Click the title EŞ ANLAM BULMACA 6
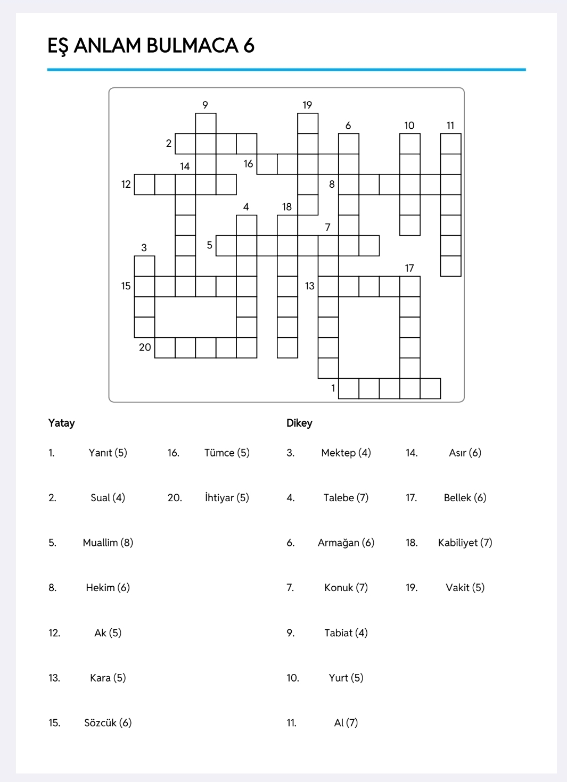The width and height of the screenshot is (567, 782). pos(151,46)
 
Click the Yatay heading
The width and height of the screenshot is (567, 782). pos(61,423)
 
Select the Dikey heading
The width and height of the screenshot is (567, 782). pos(299,423)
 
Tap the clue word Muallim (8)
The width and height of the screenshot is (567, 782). pos(108,543)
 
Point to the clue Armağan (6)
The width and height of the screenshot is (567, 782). pos(346,543)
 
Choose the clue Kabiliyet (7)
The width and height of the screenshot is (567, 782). pos(465,543)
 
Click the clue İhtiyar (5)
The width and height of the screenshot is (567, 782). pos(227,497)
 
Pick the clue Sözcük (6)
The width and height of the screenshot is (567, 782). pos(108,722)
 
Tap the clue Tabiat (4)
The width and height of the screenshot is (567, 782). pos(346,633)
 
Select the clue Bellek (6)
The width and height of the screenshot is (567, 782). pos(465,497)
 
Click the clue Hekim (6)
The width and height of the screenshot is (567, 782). pos(108,587)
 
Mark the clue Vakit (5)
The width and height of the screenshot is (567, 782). pos(465,587)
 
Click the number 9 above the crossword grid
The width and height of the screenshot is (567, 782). pos(205,105)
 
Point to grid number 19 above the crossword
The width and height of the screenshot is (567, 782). pos(307,105)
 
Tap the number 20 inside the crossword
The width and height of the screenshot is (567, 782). pos(145,347)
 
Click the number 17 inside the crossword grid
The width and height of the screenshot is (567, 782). pos(409,268)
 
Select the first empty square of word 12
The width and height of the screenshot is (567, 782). pos(144,185)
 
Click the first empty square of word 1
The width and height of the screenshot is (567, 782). pos(349,388)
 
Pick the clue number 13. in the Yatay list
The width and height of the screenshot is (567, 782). pos(54,678)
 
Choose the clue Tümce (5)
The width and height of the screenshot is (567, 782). pos(227,453)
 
